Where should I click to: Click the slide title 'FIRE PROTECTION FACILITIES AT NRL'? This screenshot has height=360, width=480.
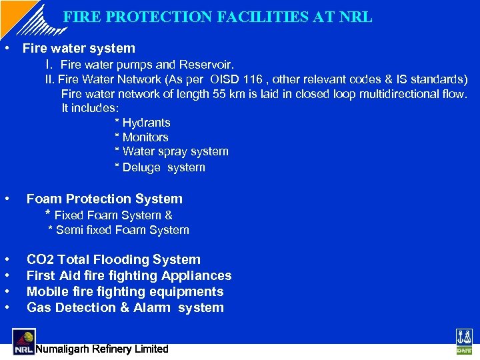click(218, 17)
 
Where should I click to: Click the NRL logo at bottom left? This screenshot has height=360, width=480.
click(23, 341)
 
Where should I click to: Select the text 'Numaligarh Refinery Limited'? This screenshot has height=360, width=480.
click(102, 349)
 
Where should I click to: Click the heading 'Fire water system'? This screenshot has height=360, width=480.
click(79, 48)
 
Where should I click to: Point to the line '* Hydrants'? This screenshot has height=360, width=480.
click(143, 123)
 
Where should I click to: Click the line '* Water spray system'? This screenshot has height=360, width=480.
click(171, 151)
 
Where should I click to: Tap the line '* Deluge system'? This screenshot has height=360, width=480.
click(160, 167)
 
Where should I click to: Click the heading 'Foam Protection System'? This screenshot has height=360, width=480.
click(104, 199)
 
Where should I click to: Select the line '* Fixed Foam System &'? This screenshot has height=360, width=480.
click(109, 215)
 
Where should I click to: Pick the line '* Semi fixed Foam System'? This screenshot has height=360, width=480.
click(119, 230)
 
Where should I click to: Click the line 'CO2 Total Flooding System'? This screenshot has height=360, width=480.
click(113, 259)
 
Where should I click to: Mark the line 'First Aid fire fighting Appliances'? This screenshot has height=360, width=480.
click(129, 275)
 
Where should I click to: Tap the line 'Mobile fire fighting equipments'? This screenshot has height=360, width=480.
click(125, 291)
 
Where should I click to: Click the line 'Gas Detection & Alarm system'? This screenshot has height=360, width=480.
click(125, 307)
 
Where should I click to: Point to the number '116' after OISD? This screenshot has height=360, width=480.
click(262, 79)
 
